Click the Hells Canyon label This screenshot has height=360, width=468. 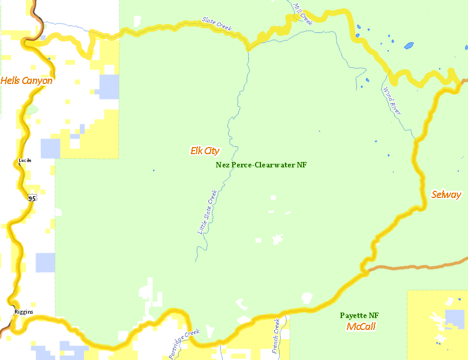26,80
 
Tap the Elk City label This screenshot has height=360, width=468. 205,151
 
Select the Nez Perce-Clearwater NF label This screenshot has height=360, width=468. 261,164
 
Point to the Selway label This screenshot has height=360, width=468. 446,194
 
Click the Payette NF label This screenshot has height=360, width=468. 359,316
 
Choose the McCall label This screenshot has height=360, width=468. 361,327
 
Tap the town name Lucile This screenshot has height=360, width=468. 25,160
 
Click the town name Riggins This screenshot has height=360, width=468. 24,312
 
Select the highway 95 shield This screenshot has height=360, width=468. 32,197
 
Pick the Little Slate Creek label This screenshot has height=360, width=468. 206,212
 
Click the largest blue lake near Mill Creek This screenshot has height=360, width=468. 409,46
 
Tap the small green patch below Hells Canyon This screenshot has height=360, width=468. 31,110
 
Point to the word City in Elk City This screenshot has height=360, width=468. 212,151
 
